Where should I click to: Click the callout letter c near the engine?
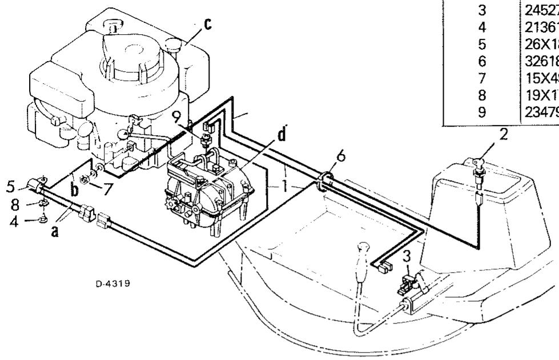tap(208, 25)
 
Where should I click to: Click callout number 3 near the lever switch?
tap(406, 256)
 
